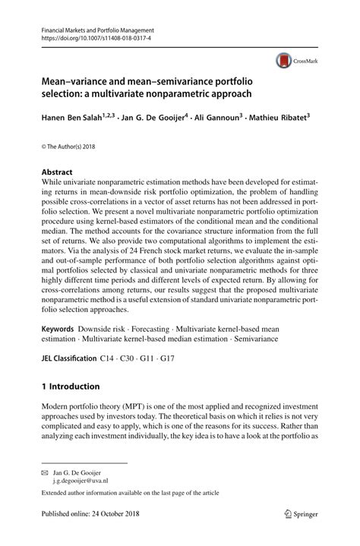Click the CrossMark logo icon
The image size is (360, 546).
pos(283,60)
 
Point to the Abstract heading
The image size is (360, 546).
pos(57,172)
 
